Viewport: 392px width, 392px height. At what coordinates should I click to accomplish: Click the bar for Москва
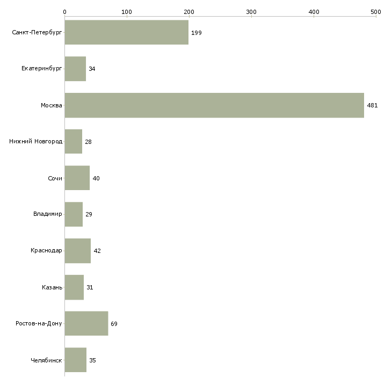[214, 105]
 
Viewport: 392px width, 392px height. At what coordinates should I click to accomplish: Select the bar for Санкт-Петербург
[127, 32]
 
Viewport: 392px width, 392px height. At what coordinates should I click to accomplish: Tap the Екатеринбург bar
[75, 69]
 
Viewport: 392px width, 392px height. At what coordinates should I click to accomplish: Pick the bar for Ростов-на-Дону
[86, 323]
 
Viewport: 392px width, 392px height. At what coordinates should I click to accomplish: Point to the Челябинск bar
[76, 360]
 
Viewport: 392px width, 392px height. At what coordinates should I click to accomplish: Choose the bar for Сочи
[77, 178]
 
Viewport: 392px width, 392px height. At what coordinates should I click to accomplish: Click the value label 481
[372, 105]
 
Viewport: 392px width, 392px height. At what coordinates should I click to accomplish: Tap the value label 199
[196, 33]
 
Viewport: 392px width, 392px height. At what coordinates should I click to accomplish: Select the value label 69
[114, 324]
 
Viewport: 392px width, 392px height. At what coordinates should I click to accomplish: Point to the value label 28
[88, 142]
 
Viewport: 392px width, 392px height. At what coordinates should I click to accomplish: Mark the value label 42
[97, 251]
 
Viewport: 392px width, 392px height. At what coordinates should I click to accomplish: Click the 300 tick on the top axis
[251, 12]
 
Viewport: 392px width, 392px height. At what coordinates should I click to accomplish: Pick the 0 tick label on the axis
[65, 12]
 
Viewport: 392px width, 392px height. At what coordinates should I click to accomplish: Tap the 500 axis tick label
[376, 12]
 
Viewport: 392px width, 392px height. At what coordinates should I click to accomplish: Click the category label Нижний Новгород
[36, 142]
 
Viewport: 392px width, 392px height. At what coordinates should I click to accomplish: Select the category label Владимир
[47, 214]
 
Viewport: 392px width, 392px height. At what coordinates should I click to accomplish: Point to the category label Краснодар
[46, 250]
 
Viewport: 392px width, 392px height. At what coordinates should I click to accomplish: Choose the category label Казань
[52, 287]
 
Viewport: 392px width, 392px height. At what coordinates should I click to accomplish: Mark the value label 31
[90, 287]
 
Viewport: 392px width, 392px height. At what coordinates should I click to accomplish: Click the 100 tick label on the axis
[127, 12]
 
